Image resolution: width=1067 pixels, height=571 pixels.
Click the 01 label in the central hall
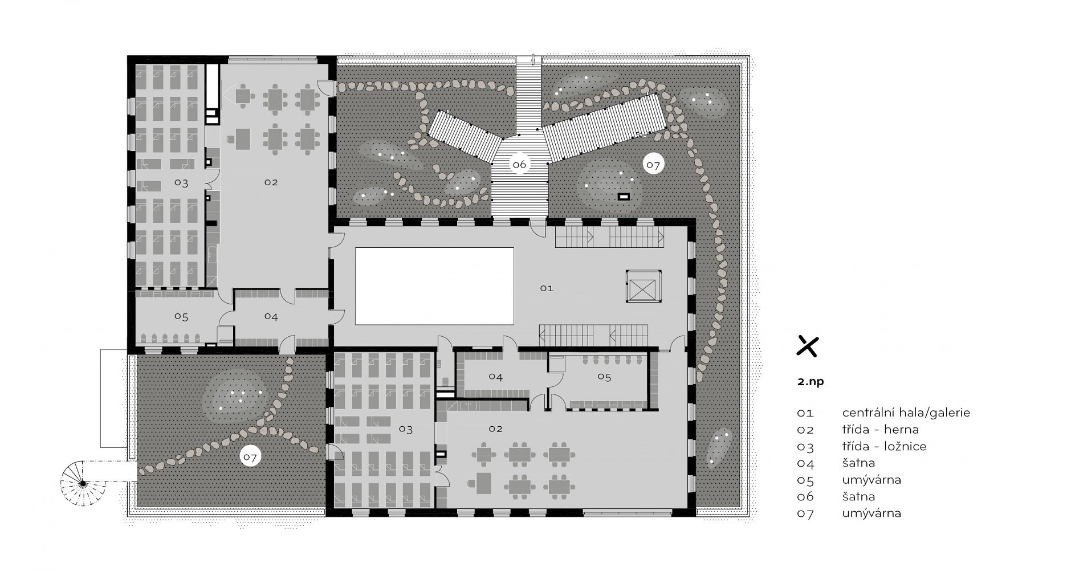[x=547, y=288]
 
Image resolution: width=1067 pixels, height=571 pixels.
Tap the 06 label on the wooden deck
[x=519, y=165]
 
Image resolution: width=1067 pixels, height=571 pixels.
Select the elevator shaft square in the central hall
[x=642, y=287]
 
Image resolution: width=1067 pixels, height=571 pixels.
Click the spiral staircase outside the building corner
[x=83, y=483]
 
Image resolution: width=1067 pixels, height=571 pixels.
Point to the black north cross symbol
[x=807, y=346]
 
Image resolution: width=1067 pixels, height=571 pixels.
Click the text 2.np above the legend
[x=811, y=382]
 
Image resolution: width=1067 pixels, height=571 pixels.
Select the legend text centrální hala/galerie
[x=906, y=413]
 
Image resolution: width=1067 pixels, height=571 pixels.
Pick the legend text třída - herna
[x=880, y=429]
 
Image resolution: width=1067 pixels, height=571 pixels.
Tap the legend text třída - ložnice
[x=884, y=446]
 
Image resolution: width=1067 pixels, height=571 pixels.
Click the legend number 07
[x=805, y=513]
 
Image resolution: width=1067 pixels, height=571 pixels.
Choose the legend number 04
[x=805, y=463]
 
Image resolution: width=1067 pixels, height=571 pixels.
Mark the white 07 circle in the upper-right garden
[x=653, y=165]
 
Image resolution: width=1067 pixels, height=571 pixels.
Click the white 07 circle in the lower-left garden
[x=249, y=456]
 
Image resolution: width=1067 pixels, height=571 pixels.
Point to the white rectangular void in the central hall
[x=434, y=286]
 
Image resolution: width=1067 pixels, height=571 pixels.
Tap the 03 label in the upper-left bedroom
[x=181, y=183]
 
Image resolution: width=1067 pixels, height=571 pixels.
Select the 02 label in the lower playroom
[x=495, y=429]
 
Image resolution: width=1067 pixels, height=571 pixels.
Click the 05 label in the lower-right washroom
[x=604, y=377]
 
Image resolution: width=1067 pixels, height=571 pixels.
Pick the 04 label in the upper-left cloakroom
[x=271, y=316]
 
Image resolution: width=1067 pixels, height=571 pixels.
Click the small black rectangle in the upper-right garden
[x=625, y=197]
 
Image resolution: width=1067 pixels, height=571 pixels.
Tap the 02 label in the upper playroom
[x=271, y=182]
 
